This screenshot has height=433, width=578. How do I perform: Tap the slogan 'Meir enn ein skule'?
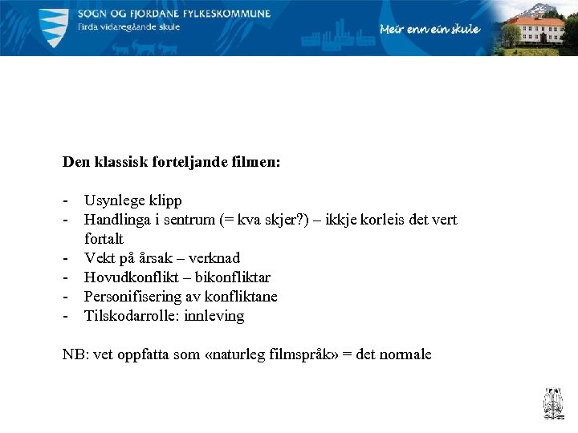pyautogui.click(x=429, y=30)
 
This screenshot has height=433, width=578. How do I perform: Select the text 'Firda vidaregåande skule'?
pyautogui.click(x=128, y=26)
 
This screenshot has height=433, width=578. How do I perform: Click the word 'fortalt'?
pyautogui.click(x=104, y=239)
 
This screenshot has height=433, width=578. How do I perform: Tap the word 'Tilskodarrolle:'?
pyautogui.click(x=132, y=316)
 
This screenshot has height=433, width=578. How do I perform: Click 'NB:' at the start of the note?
pyautogui.click(x=75, y=354)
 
